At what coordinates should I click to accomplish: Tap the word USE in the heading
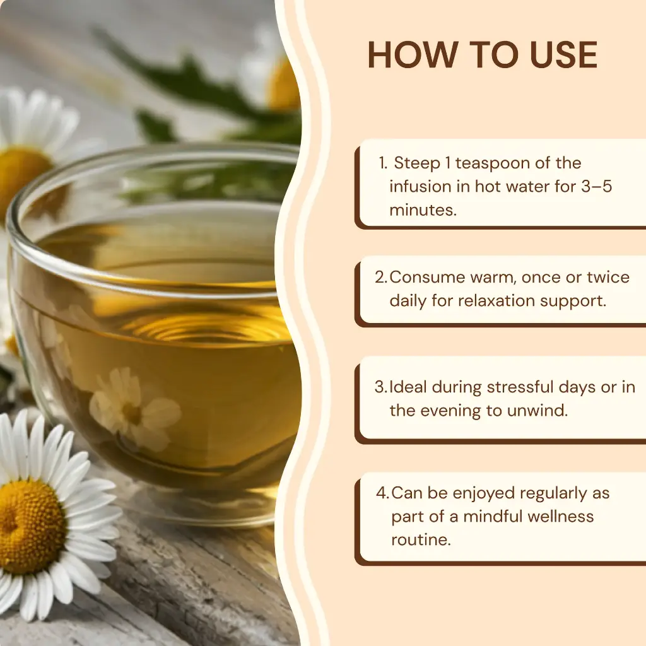563,55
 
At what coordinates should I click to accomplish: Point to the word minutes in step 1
423,210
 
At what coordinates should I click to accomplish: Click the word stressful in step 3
520,387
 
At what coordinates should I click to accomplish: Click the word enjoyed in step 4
483,493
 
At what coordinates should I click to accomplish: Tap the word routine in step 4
421,540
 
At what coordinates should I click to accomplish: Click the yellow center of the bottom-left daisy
32,527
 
